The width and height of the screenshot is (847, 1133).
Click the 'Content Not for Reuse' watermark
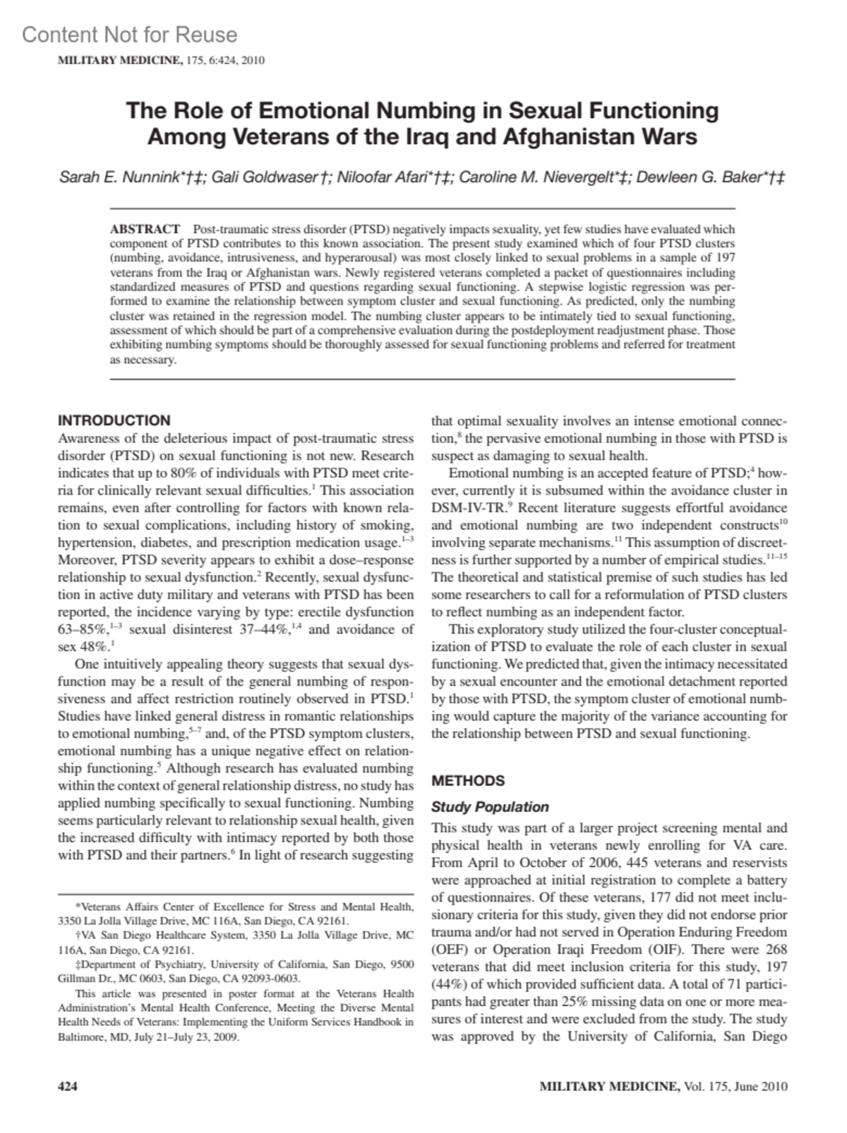pos(129,35)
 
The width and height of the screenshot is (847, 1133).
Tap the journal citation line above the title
pos(161,60)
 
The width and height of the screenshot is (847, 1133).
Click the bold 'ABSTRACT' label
pos(145,229)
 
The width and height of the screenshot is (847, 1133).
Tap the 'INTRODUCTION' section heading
pos(114,420)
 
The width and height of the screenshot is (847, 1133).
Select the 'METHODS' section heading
pos(468,781)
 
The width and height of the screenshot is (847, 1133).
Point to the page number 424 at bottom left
pos(67,1086)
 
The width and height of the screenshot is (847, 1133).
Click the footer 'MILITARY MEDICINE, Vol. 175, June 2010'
pos(663,1086)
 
